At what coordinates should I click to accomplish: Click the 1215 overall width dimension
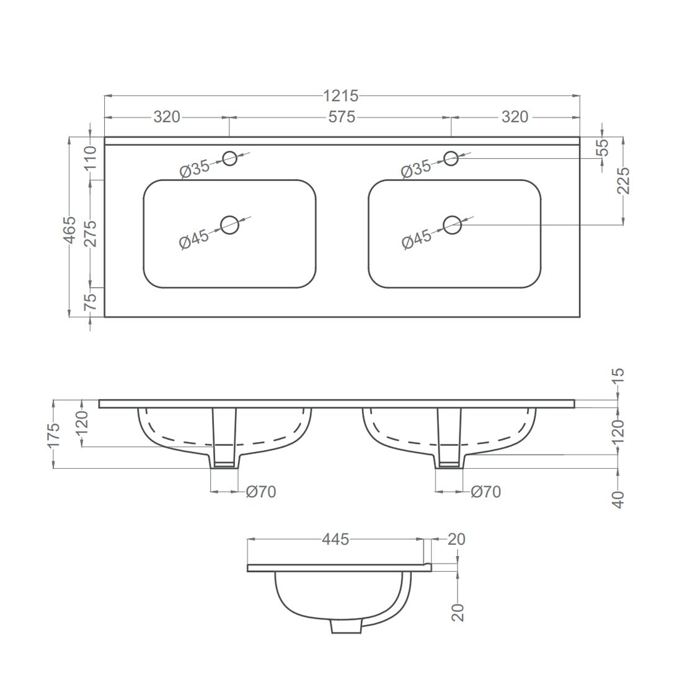click(341, 95)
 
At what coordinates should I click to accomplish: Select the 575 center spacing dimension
click(342, 117)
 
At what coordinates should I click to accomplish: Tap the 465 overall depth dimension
click(70, 228)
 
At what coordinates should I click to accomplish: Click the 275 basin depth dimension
click(91, 234)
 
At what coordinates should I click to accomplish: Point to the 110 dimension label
click(91, 159)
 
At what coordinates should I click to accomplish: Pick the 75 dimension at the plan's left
click(91, 301)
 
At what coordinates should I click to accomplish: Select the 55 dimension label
click(603, 148)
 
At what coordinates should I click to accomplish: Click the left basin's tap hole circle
click(229, 158)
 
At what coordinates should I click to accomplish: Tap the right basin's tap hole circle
click(451, 158)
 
